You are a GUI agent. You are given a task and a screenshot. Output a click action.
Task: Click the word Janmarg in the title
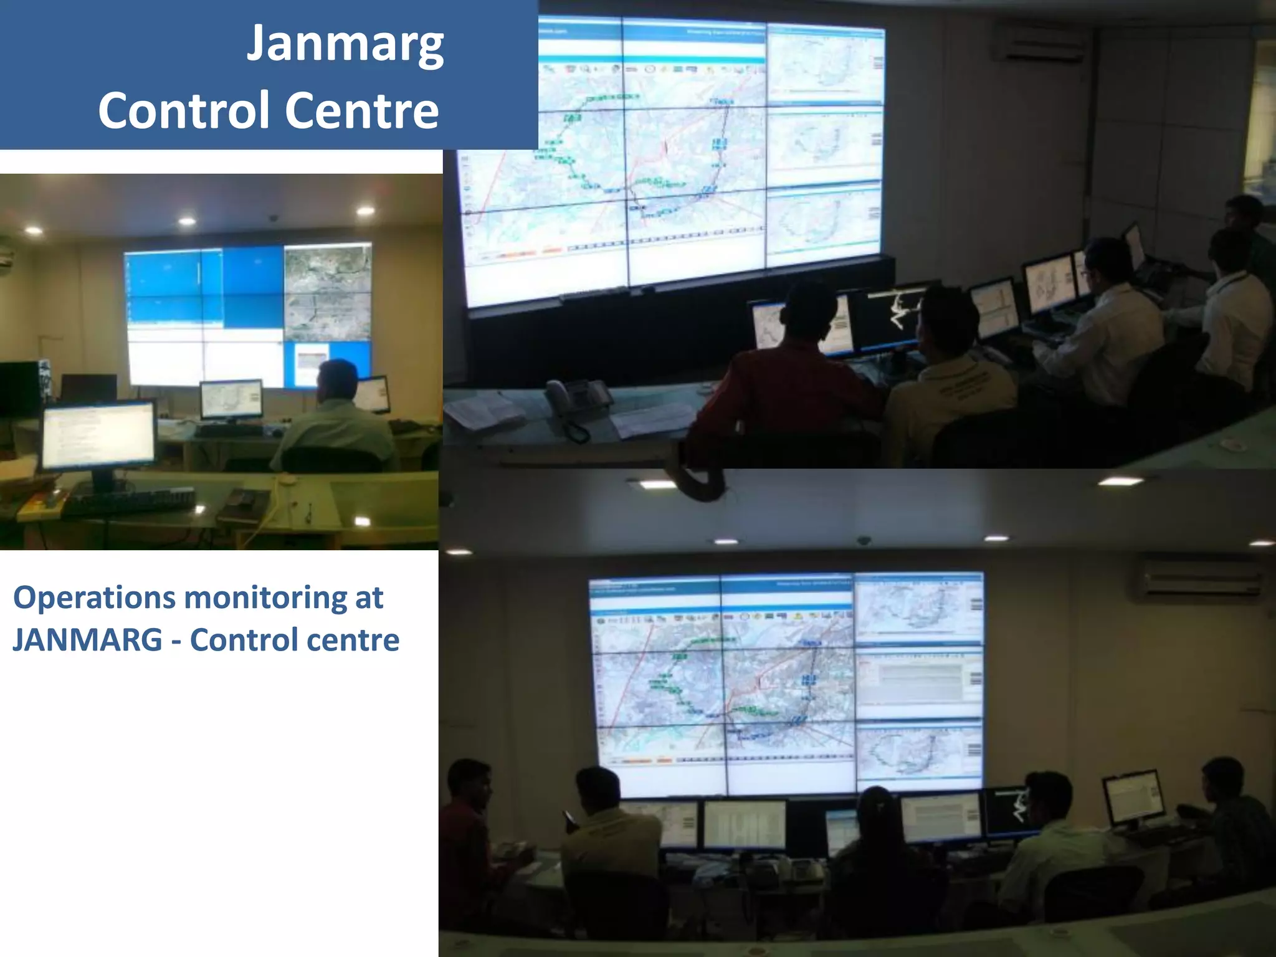pos(345,45)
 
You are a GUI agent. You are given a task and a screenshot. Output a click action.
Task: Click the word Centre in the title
pos(362,110)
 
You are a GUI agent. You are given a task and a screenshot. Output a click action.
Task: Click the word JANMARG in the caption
pos(87,640)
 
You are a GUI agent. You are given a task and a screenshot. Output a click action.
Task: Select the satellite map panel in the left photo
pos(326,293)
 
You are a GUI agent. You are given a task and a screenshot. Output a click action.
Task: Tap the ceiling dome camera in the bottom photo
pos(864,540)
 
